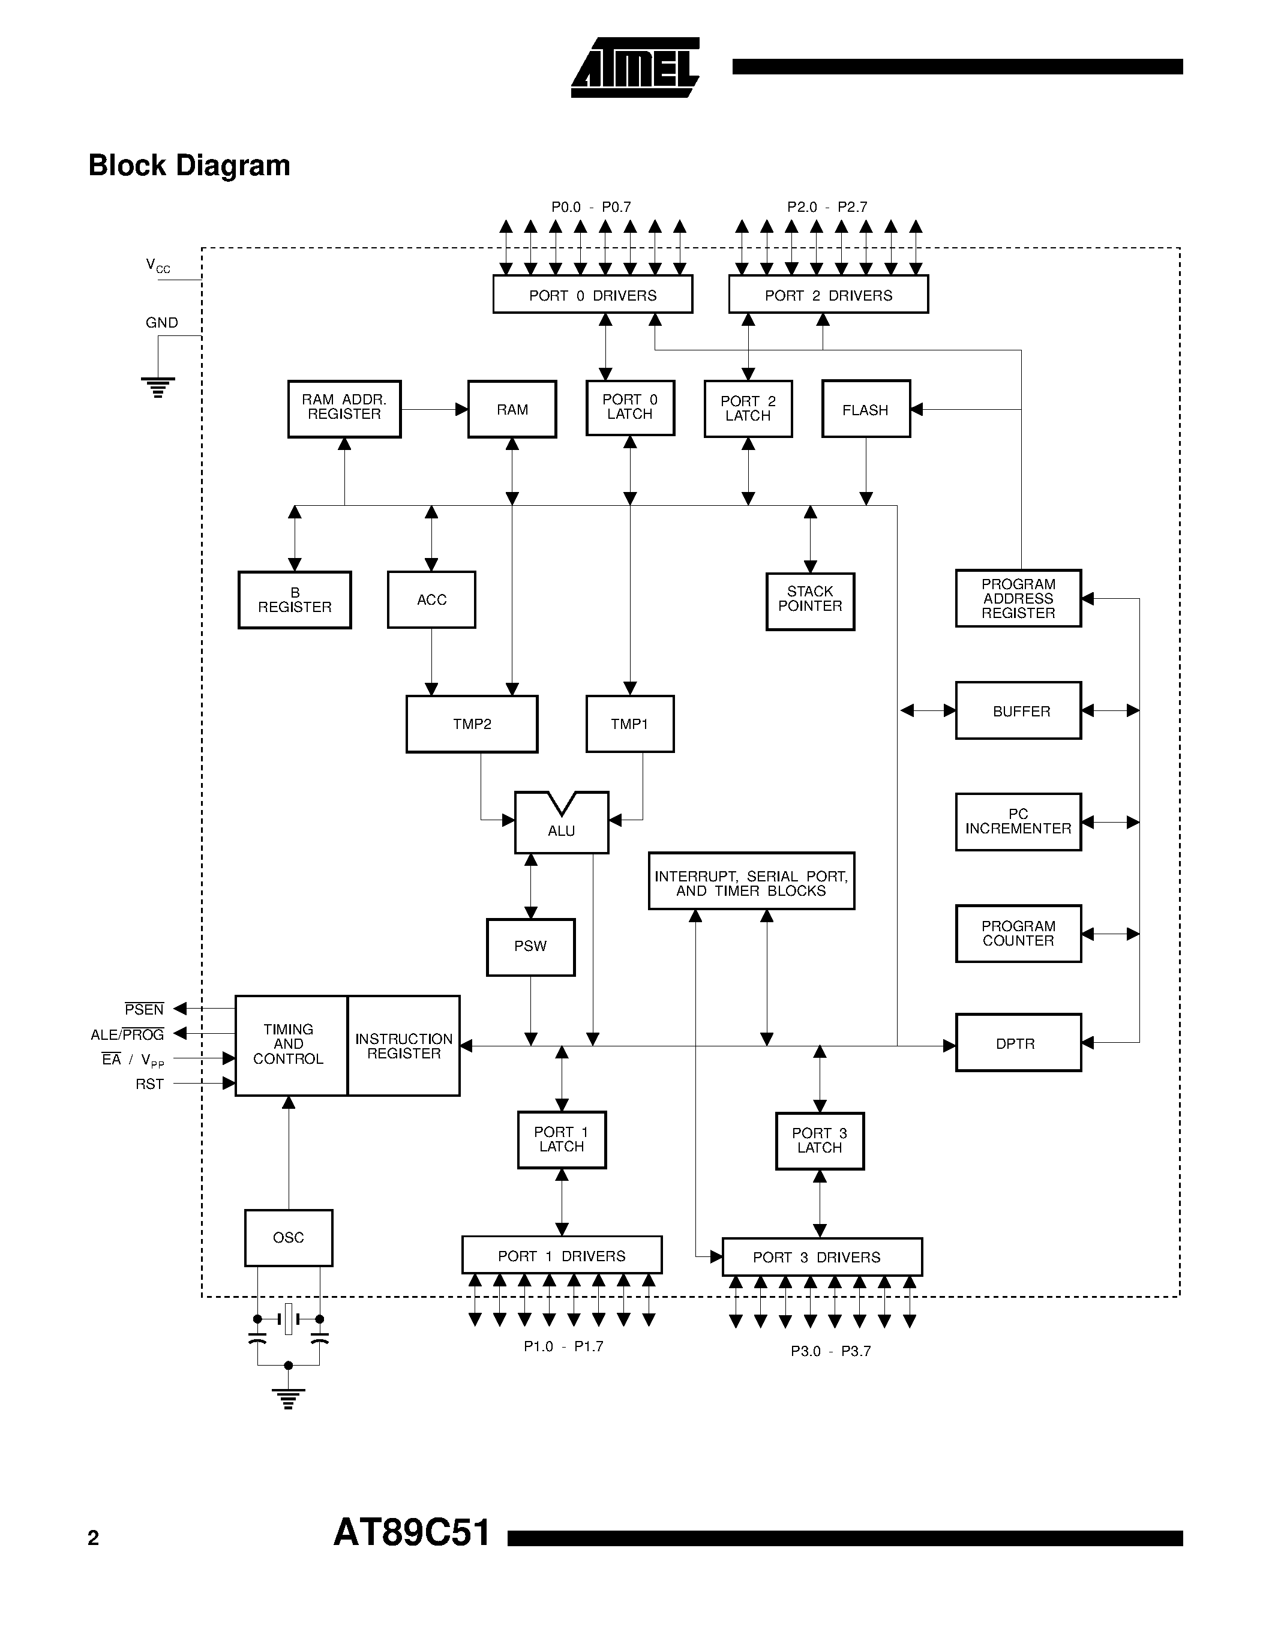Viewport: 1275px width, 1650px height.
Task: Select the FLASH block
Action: pos(866,409)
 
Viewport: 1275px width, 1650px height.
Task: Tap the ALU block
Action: pos(561,824)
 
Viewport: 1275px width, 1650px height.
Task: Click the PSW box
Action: pos(530,947)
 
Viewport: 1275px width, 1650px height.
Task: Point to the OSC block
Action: pos(289,1237)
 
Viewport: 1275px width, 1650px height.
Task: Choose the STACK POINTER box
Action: pos(810,601)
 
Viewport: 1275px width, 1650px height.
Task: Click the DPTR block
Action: pos(1018,1043)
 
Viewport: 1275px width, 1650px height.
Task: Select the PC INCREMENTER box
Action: pos(1018,821)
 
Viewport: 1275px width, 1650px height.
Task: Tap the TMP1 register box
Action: pos(629,724)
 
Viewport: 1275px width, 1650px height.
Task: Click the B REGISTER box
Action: pos(295,600)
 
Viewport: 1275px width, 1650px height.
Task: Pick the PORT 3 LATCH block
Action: pos(820,1141)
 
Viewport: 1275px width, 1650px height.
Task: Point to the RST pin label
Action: pos(149,1084)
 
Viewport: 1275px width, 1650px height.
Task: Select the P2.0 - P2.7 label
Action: pos(826,207)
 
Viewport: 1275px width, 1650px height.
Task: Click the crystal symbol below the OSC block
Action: pos(288,1319)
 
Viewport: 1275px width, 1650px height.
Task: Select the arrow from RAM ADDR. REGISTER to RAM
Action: pos(434,409)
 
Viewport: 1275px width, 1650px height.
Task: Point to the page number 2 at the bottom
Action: pos(94,1538)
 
